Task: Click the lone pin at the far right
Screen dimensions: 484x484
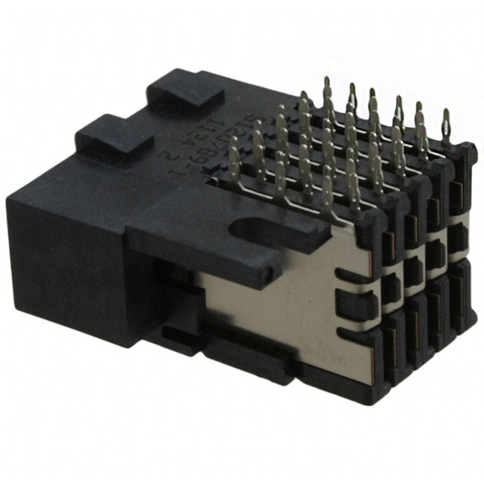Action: coord(446,123)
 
